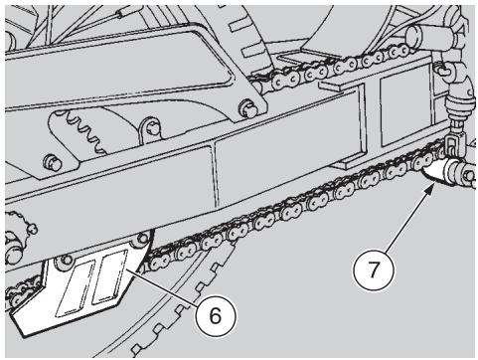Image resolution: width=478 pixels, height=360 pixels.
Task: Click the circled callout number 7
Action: click(x=374, y=270)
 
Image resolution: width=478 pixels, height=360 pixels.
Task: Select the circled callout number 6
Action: click(x=216, y=315)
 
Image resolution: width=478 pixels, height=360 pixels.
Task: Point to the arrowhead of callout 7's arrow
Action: click(x=429, y=190)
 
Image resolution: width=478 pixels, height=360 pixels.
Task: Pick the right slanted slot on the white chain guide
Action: click(x=110, y=277)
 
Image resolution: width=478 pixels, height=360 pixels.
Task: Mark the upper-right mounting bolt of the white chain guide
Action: click(x=142, y=238)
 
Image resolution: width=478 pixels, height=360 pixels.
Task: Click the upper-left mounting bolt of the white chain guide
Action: click(x=68, y=260)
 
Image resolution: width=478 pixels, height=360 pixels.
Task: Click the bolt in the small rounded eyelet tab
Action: click(x=153, y=128)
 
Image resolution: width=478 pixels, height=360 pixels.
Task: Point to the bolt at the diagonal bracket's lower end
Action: click(x=248, y=106)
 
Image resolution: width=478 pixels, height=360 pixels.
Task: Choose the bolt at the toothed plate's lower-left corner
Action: click(x=53, y=162)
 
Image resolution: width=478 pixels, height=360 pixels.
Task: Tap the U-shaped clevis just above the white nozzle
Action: click(x=449, y=146)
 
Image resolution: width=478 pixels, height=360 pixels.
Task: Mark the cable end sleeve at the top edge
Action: click(x=121, y=14)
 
